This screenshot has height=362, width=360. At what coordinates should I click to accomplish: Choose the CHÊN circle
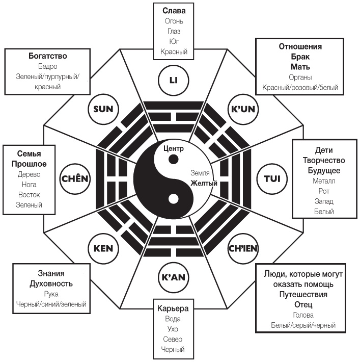[75, 178]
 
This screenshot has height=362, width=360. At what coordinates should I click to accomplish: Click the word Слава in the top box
[174, 10]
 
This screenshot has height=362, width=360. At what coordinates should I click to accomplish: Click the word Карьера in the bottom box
[173, 308]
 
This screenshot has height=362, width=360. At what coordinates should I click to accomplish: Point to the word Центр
[173, 148]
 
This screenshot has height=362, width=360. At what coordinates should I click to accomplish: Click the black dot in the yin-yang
[174, 160]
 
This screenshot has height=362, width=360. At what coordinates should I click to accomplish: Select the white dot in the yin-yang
[173, 198]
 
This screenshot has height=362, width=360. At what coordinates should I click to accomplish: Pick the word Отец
[303, 304]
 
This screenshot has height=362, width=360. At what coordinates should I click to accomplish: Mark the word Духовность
[51, 283]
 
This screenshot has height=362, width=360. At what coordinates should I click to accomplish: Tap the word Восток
[29, 195]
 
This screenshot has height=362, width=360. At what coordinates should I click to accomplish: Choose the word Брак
[300, 57]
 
